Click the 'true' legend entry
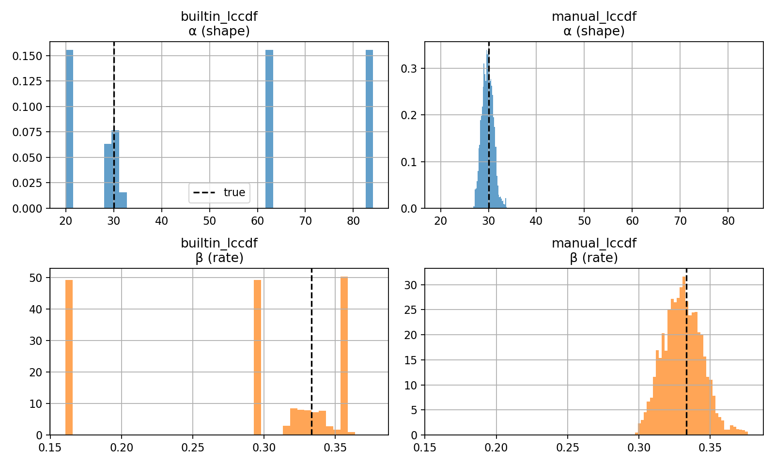click(x=219, y=192)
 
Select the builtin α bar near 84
click(x=369, y=129)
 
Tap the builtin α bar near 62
click(x=269, y=129)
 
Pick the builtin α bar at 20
click(x=69, y=129)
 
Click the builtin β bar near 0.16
click(x=69, y=357)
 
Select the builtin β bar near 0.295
click(x=257, y=357)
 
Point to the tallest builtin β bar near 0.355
click(x=344, y=356)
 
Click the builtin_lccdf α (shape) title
click(x=219, y=24)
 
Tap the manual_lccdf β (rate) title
click(x=594, y=250)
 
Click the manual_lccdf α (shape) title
click(x=594, y=24)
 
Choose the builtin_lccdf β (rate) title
click(x=219, y=250)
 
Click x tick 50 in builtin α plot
click(x=209, y=221)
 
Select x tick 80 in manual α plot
click(x=728, y=221)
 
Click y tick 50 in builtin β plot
click(x=36, y=278)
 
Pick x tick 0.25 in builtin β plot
click(x=193, y=448)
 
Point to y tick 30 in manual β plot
click(x=411, y=285)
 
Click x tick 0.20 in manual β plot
click(x=496, y=448)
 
